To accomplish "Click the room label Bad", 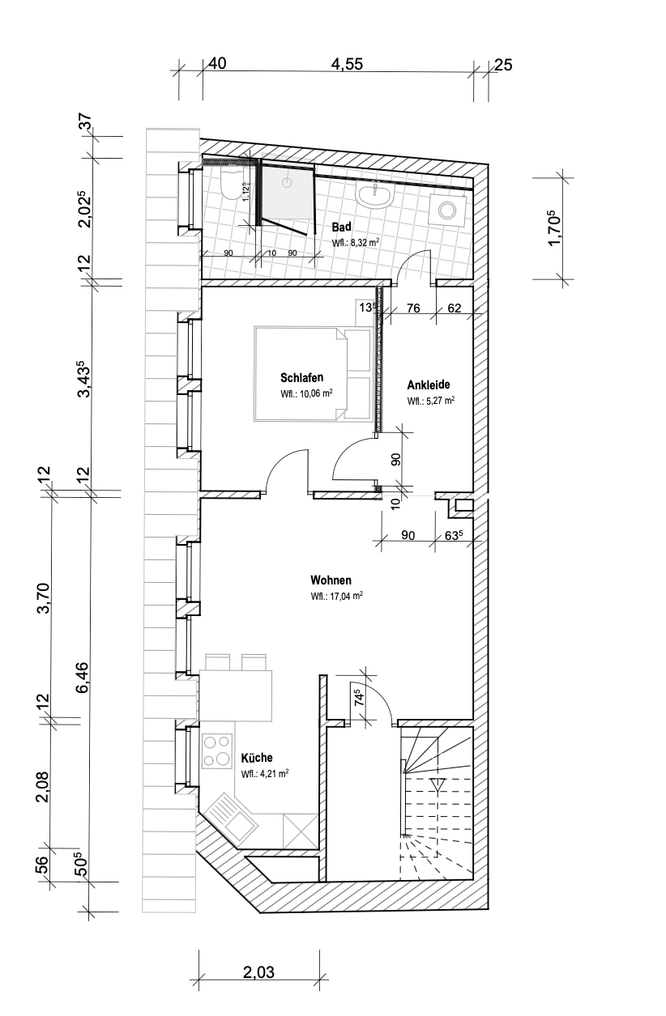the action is (x=341, y=227).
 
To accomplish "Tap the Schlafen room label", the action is (x=301, y=377).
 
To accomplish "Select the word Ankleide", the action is (x=428, y=385).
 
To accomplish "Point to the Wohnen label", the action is (x=331, y=580).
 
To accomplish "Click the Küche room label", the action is (x=257, y=758).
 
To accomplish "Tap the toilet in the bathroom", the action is (x=232, y=185).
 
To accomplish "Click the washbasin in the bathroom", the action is (x=375, y=195).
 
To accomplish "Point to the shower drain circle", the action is (x=287, y=183).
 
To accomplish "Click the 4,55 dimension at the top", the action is (x=348, y=64).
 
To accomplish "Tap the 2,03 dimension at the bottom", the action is (x=258, y=972).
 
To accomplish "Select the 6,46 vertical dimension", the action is (x=83, y=678).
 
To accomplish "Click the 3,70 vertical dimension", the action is (x=44, y=598).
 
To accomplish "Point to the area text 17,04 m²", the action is (x=336, y=596).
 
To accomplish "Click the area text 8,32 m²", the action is (x=355, y=242).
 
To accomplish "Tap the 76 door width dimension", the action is (x=413, y=308).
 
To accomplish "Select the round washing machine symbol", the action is (x=447, y=210).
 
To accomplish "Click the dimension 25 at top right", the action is (x=503, y=65).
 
